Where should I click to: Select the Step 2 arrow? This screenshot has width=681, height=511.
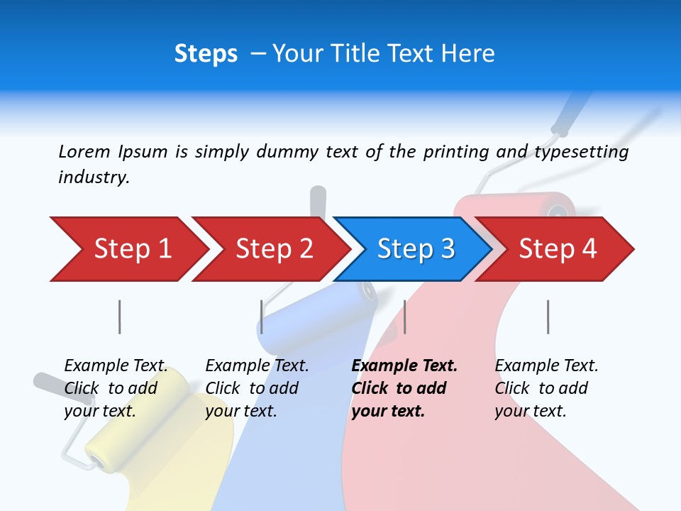coord(273,249)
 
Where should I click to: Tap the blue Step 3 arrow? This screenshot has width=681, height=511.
coord(415,249)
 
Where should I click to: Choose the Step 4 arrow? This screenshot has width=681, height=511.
coord(557,249)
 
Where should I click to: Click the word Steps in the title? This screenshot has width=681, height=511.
coord(206,54)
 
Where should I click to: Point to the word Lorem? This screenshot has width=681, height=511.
coord(84,152)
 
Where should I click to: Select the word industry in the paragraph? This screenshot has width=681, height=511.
coord(93,177)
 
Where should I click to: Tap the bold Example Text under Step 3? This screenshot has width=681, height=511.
coord(404,366)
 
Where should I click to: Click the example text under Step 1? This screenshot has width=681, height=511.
coord(116,388)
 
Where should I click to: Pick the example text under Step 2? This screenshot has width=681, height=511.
coord(257,388)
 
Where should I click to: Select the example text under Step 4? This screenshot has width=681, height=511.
coord(546,388)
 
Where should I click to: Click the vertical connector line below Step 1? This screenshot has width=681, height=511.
coord(120,317)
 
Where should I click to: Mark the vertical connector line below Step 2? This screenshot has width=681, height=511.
coord(262,317)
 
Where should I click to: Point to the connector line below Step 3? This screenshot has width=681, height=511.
coord(405,317)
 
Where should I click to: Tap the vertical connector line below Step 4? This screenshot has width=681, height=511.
coord(548,317)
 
